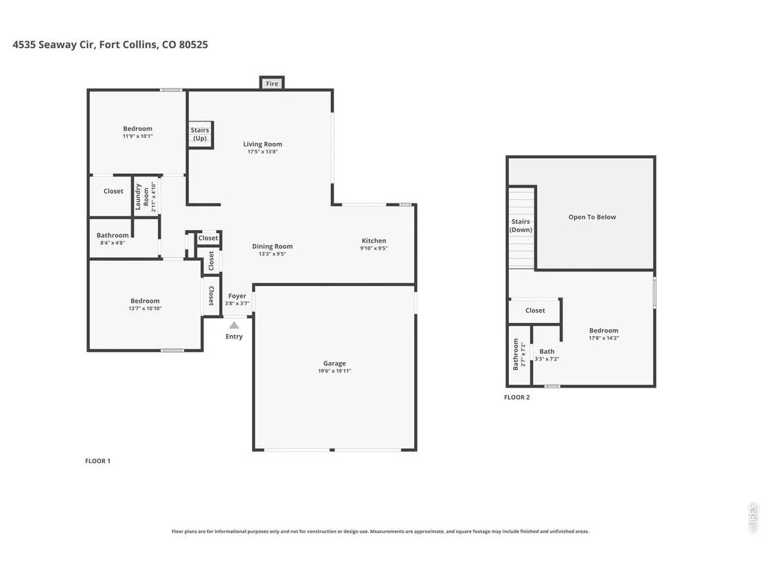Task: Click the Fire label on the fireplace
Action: [272, 84]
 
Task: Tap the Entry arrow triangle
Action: [234, 325]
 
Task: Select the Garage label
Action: [334, 363]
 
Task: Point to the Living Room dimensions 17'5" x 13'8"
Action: [262, 151]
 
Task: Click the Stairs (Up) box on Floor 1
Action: [200, 135]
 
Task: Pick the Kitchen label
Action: [374, 240]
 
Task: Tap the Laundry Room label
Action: [141, 197]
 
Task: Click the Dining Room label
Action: [272, 246]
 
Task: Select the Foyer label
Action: [238, 295]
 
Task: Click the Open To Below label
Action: [592, 217]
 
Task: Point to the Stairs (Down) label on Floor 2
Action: [521, 226]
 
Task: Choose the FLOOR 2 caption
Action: [517, 397]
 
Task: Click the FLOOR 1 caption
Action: [98, 461]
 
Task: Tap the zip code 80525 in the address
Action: [193, 45]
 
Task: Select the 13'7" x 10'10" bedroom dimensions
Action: [145, 309]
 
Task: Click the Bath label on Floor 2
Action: [547, 351]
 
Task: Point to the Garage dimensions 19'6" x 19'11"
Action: [334, 371]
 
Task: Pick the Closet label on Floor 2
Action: [535, 311]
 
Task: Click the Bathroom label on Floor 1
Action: [113, 235]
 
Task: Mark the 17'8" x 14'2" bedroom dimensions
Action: [604, 338]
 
